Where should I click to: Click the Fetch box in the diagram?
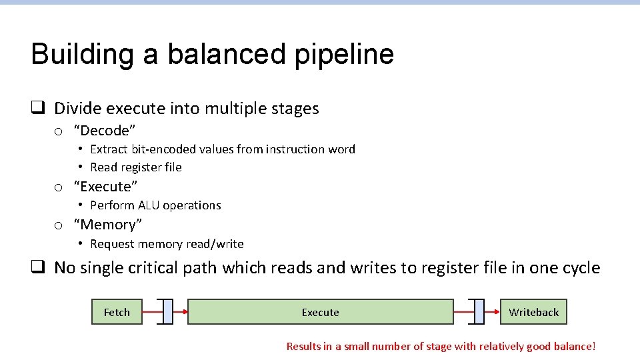point(117,312)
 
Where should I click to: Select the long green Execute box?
point(320,312)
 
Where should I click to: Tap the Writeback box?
point(533,312)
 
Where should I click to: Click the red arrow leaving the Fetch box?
point(152,312)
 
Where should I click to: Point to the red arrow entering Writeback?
point(492,312)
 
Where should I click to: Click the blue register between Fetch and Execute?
point(167,312)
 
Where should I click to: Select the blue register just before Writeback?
point(479,312)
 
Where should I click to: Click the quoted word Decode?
point(105,130)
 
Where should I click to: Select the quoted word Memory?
point(107,225)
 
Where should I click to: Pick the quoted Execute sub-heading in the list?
point(105,187)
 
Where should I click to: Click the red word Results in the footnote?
point(304,346)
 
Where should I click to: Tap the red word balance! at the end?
point(575,346)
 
